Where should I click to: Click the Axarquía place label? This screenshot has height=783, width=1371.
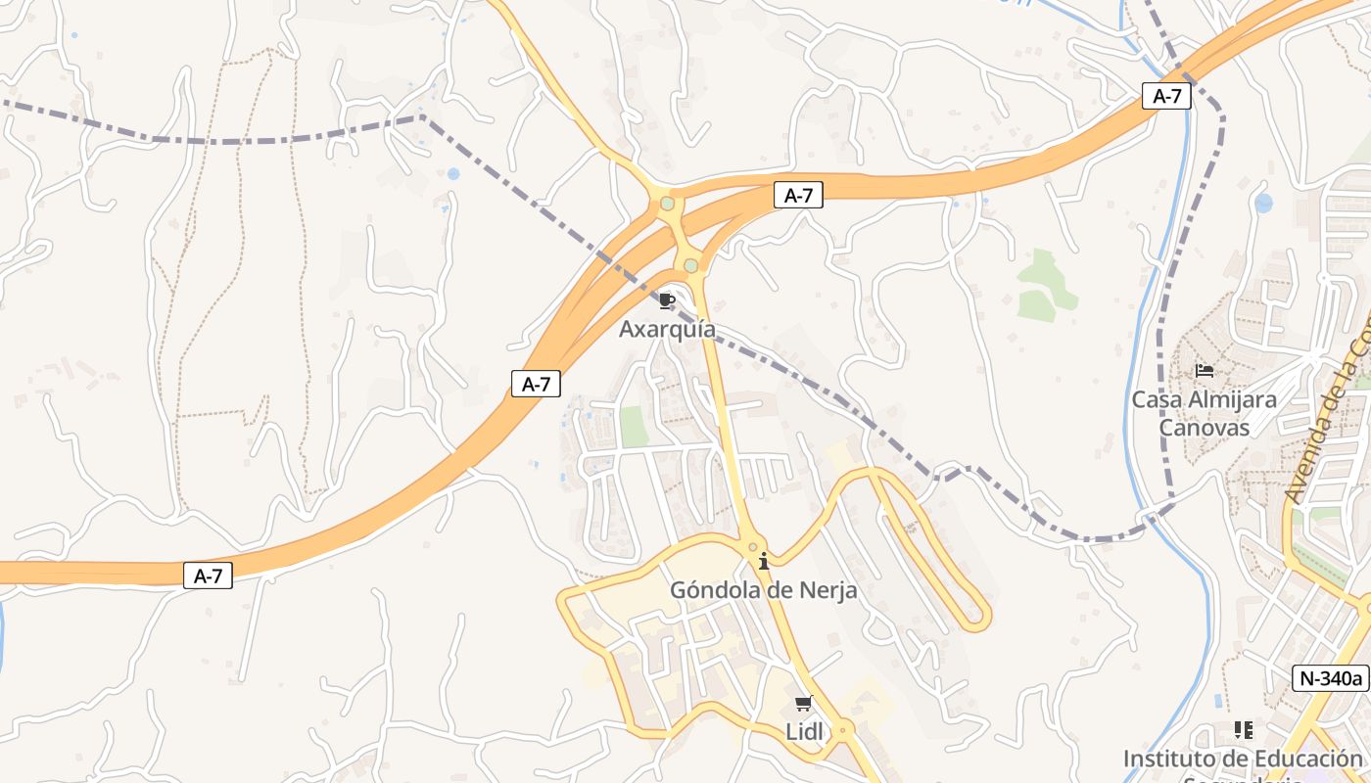tap(667, 329)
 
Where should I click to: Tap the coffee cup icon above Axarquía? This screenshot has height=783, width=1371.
tap(667, 300)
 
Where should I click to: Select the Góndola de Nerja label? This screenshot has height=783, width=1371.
tap(763, 590)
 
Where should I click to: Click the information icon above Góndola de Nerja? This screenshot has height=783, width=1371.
tap(764, 561)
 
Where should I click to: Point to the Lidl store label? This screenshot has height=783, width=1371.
tap(804, 731)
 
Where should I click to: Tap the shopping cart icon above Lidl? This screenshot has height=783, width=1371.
tap(804, 703)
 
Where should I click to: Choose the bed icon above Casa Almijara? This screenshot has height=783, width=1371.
tap(1205, 371)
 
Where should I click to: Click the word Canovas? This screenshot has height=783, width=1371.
tap(1205, 428)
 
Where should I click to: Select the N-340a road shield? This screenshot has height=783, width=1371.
tap(1330, 677)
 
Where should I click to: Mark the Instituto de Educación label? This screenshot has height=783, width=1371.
tap(1243, 759)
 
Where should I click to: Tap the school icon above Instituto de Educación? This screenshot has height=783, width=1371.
tap(1243, 730)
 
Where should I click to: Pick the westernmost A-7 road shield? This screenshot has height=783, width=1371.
tap(208, 576)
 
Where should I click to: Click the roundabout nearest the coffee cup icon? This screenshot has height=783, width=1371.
tap(691, 265)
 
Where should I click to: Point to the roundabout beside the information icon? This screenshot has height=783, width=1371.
tap(752, 547)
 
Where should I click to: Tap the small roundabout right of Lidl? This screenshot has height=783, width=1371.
tap(841, 728)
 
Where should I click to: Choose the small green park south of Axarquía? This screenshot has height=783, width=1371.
tap(634, 427)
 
